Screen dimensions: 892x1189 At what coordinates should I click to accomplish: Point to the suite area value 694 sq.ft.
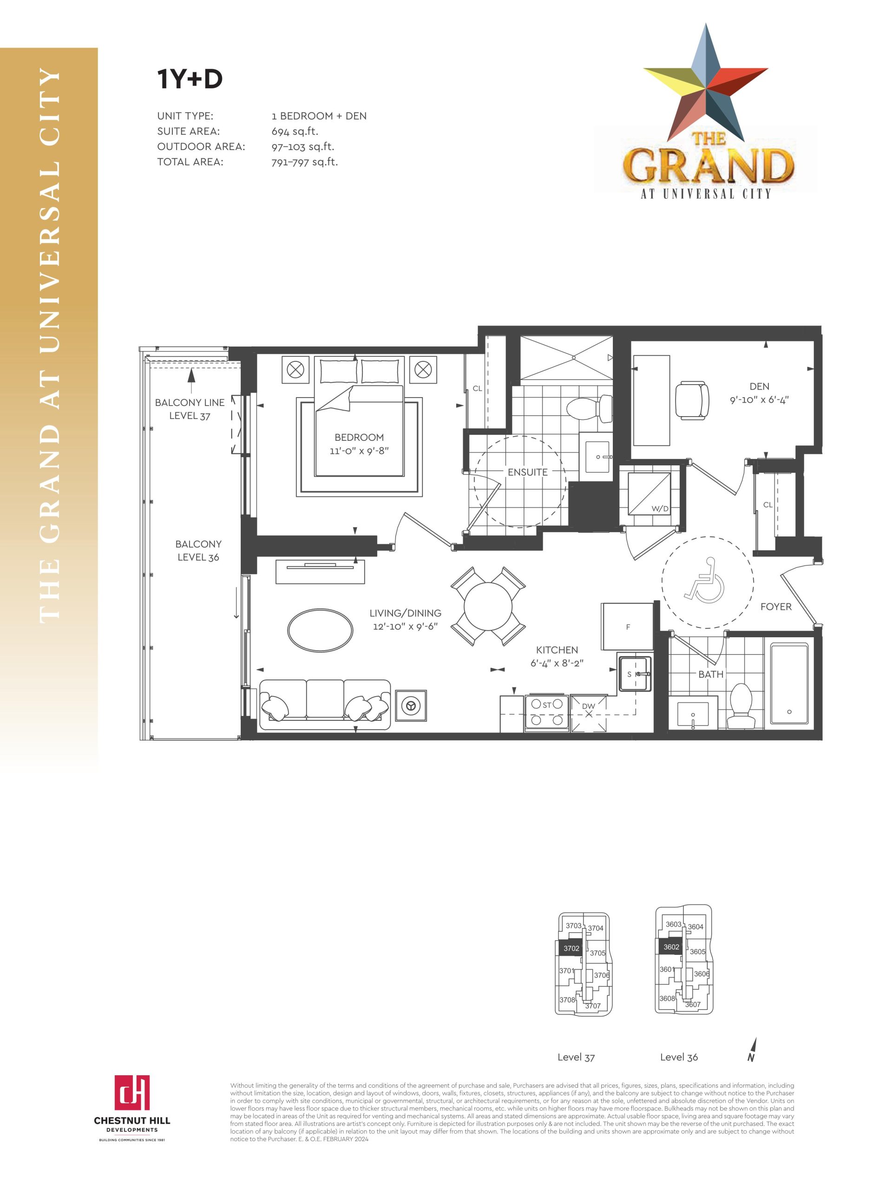point(295,131)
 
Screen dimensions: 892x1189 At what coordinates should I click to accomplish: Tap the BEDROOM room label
point(359,437)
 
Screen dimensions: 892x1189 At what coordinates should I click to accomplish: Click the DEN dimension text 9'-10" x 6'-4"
point(759,400)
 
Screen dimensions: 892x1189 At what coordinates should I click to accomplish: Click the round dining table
point(488,606)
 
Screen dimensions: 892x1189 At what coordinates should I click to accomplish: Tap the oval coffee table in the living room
point(321,630)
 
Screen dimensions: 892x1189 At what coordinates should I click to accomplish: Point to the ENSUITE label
point(527,472)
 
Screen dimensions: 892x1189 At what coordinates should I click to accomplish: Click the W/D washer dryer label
point(660,509)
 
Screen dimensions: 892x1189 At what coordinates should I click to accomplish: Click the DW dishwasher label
point(588,706)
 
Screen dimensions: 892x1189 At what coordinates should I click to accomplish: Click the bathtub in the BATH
point(789,683)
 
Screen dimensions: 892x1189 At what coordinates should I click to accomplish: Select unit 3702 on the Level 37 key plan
point(571,948)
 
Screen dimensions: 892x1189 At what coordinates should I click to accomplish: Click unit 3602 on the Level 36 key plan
point(670,947)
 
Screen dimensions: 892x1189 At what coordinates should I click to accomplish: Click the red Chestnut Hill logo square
point(132,1092)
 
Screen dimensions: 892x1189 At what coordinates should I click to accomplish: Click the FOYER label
point(776,606)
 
